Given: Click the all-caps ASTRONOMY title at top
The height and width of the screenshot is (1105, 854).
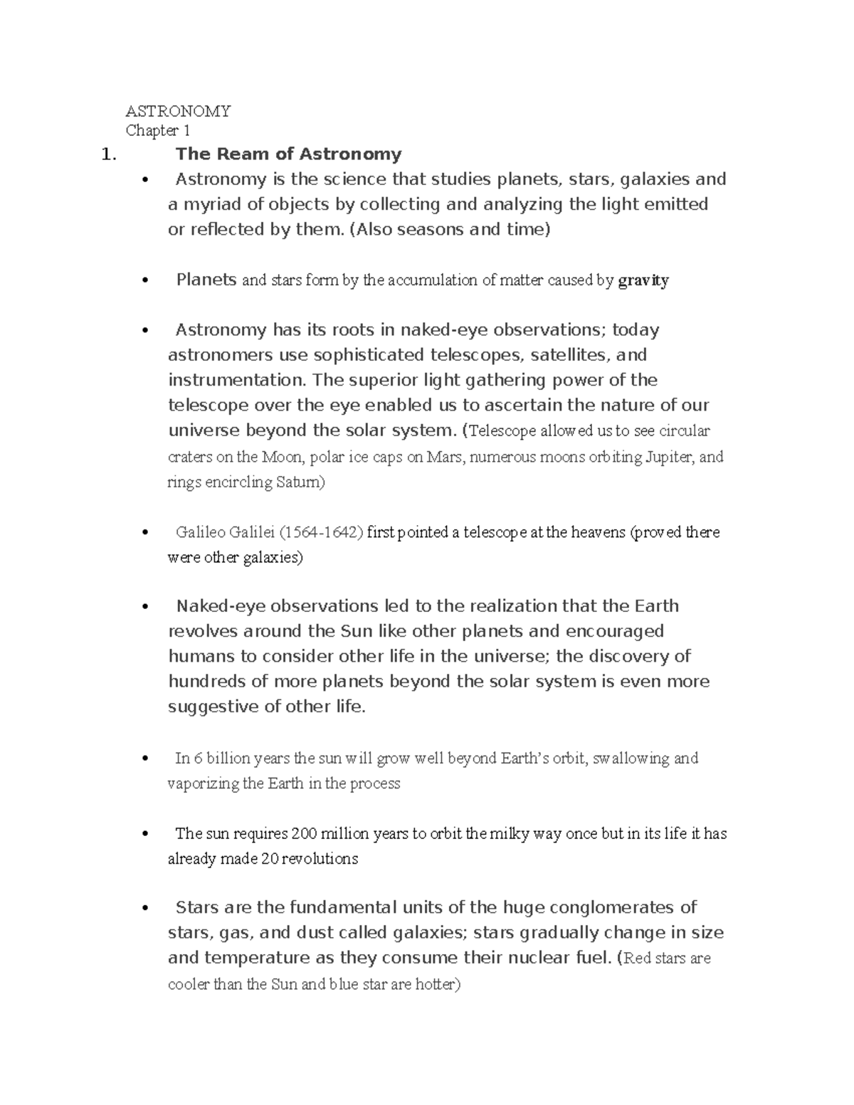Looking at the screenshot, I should tap(178, 111).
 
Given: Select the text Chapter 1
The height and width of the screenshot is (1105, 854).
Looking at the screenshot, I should tap(157, 131).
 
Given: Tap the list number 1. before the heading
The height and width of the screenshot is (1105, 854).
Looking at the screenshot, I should tap(108, 154).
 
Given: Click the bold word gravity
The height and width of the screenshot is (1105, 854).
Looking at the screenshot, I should tap(643, 280).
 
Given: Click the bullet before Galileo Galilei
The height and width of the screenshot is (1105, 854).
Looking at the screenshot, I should tap(145, 533).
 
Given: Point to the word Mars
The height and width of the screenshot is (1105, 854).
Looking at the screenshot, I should tap(444, 457).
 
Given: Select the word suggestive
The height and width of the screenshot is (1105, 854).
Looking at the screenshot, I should tap(211, 707).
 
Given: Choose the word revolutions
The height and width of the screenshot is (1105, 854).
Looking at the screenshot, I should tap(320, 859).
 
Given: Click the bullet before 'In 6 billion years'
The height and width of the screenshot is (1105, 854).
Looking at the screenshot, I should tap(145, 758).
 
